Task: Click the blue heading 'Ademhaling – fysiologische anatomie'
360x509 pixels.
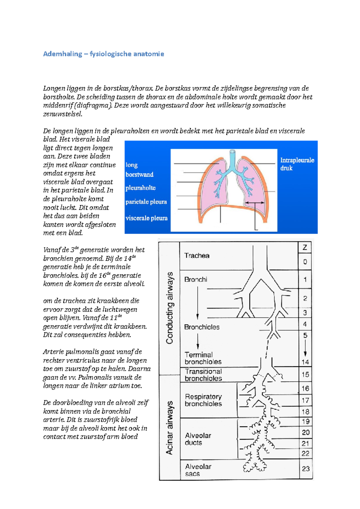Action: [x=103, y=54]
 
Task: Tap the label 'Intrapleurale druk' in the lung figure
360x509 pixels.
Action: [x=297, y=164]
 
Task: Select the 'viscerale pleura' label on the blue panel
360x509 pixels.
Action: [x=146, y=218]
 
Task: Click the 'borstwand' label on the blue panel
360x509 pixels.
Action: [x=139, y=174]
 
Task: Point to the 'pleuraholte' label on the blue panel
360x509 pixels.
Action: [x=140, y=188]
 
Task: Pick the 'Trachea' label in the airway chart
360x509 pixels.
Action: [x=197, y=256]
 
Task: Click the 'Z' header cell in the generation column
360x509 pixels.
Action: [x=305, y=248]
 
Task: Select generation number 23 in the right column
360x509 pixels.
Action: [x=306, y=469]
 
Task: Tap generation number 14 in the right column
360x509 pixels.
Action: [x=305, y=362]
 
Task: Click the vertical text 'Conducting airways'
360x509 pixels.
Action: [x=170, y=308]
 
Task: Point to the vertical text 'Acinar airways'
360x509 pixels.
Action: [x=170, y=428]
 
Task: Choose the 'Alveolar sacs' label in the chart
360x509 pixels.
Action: [x=198, y=470]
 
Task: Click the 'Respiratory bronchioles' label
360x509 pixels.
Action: [x=203, y=400]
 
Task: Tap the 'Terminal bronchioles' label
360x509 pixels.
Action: [x=203, y=358]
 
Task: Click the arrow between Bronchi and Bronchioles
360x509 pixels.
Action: [x=197, y=303]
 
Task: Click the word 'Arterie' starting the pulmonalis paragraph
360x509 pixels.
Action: [x=53, y=352]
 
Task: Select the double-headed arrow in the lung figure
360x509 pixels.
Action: [x=255, y=203]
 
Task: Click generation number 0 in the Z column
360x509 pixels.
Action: [x=305, y=262]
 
